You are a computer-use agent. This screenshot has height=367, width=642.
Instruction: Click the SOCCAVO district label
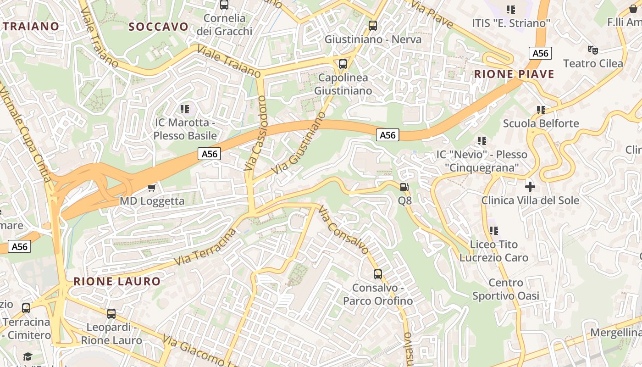(x=158, y=27)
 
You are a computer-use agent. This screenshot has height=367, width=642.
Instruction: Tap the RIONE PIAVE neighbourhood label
(x=514, y=74)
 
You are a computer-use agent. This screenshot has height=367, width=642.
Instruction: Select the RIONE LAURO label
(x=117, y=281)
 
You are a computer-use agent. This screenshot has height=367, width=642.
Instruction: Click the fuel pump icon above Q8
(x=404, y=187)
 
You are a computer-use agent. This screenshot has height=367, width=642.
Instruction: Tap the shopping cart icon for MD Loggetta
(x=152, y=187)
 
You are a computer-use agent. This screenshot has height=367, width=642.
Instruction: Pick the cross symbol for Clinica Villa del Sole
(x=530, y=186)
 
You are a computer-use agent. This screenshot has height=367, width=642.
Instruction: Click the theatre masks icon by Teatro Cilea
(x=593, y=50)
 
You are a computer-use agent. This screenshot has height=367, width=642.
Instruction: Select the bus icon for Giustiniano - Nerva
(x=373, y=26)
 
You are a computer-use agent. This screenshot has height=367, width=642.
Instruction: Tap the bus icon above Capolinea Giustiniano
(x=343, y=64)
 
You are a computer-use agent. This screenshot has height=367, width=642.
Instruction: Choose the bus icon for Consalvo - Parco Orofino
(x=378, y=274)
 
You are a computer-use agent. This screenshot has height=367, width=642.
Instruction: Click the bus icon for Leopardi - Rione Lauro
(x=111, y=314)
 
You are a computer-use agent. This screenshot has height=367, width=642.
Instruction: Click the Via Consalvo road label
(x=343, y=230)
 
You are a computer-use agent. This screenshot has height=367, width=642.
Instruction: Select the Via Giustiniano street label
(x=299, y=142)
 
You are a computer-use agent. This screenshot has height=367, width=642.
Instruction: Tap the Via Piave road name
(x=432, y=14)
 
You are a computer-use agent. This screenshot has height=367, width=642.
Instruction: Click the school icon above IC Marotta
(x=185, y=109)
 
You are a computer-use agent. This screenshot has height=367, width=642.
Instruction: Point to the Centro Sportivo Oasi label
(x=506, y=289)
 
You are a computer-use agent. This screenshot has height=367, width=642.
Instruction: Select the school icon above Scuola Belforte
(x=541, y=110)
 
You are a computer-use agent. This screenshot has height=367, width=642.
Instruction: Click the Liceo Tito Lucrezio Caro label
(x=494, y=251)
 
